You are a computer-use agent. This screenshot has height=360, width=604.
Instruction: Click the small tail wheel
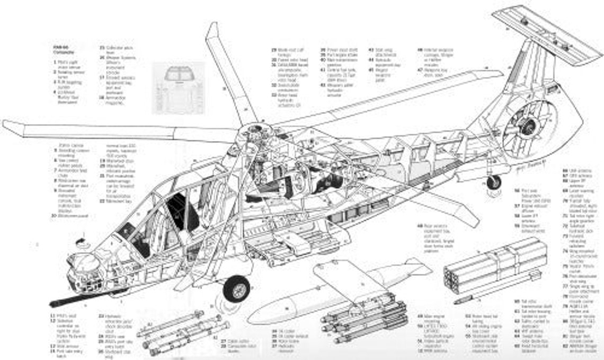click(493, 182)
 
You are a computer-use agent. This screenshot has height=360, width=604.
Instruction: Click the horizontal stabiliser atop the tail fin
click(546, 33)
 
